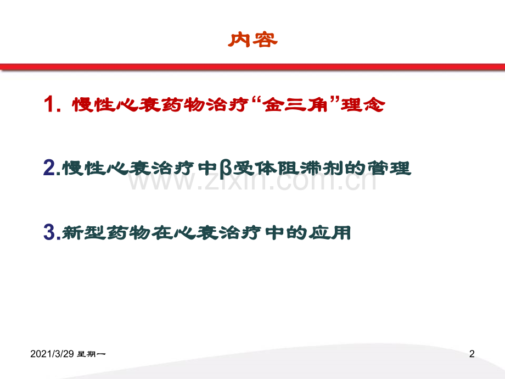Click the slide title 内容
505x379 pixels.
252,40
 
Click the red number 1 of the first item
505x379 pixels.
48,104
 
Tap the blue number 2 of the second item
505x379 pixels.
49,168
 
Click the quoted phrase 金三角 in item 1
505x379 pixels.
296,104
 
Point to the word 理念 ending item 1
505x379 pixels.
363,104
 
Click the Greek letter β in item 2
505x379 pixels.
226,169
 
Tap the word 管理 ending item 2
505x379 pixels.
389,168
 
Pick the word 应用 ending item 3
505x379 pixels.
329,233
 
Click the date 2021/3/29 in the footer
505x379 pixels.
52,354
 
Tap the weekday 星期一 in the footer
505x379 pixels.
92,354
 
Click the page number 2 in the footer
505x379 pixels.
472,354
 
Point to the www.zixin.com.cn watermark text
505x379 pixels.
252,181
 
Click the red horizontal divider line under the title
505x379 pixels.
252,67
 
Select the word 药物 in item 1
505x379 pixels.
183,104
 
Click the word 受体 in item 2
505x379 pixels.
255,168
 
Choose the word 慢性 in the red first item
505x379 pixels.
94,104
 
